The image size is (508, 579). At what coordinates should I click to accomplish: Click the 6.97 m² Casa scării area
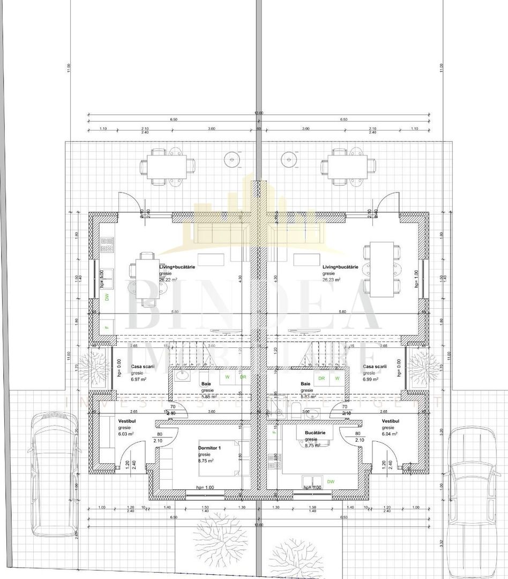(x=139, y=379)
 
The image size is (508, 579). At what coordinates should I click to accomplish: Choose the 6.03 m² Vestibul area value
(x=126, y=434)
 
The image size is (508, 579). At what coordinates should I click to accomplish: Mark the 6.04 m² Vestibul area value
(x=390, y=434)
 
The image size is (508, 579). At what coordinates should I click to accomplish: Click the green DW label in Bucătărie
(x=331, y=481)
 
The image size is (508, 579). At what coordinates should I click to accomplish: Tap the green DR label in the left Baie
(x=243, y=377)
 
